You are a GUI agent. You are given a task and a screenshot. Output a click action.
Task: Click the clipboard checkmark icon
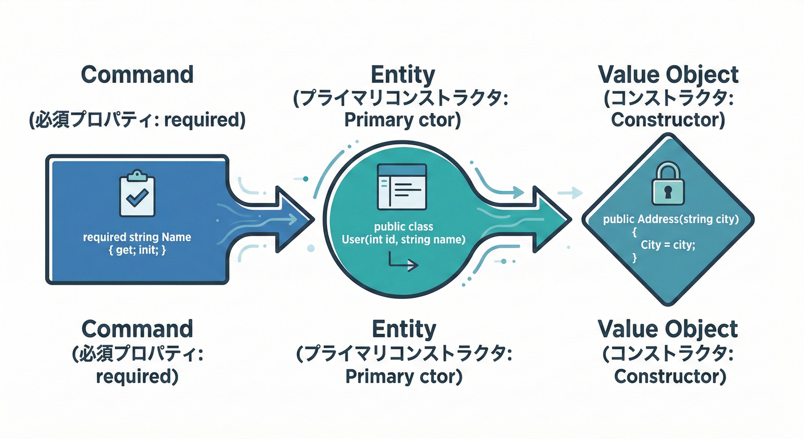click(x=137, y=193)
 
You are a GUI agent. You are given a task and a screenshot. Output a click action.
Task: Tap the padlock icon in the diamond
click(x=668, y=183)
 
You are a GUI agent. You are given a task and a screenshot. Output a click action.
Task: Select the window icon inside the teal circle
click(x=402, y=187)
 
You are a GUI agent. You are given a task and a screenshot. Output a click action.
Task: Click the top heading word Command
click(x=137, y=74)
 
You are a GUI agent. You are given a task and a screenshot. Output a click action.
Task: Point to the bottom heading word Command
click(x=137, y=329)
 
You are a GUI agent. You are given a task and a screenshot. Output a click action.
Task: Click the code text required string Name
click(x=136, y=237)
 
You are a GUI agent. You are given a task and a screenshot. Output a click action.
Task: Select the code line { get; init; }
click(x=137, y=250)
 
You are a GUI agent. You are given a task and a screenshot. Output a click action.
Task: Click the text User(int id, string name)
click(x=404, y=240)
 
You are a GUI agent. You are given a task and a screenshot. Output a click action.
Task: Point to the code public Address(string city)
click(x=671, y=219)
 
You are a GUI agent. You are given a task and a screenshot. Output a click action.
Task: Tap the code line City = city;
click(x=668, y=245)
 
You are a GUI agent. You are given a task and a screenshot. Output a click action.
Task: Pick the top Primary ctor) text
click(x=403, y=120)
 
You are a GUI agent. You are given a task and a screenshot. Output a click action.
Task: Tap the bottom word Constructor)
click(x=670, y=377)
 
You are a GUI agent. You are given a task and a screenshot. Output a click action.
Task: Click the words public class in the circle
click(x=404, y=227)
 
